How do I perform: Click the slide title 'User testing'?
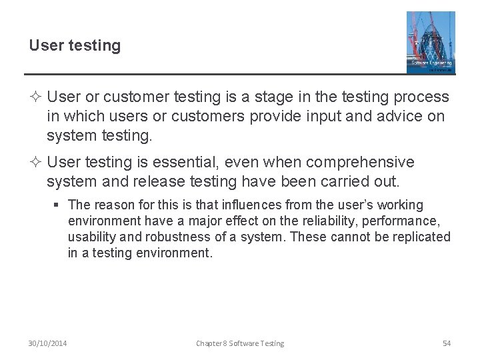(x=75, y=46)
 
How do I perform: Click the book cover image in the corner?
(x=431, y=42)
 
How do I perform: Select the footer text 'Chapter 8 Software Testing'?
(x=240, y=343)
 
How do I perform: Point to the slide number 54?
(x=447, y=343)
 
